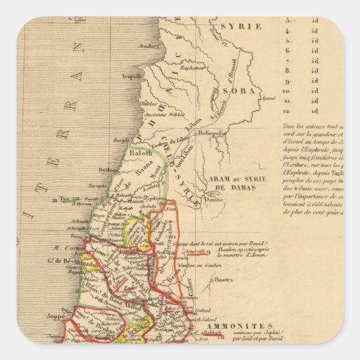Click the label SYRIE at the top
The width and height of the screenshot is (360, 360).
pyautogui.click(x=230, y=26)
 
